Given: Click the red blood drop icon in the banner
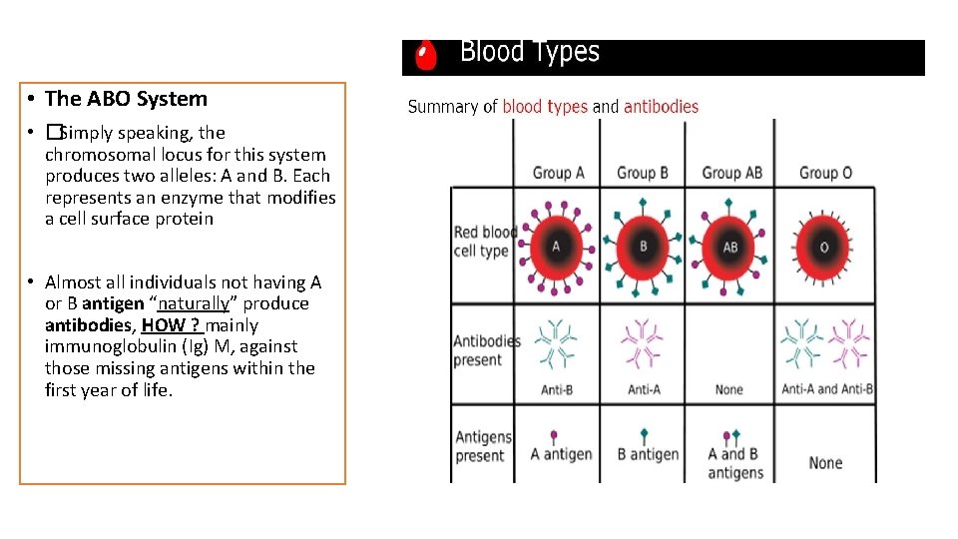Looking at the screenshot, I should (426, 56).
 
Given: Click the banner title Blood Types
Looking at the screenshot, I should (529, 52).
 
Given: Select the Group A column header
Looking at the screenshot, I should (559, 173).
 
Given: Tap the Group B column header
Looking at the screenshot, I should (644, 173).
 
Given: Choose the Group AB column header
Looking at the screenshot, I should (731, 173).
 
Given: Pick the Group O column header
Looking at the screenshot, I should (825, 173).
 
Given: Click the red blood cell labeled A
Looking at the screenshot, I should (557, 247).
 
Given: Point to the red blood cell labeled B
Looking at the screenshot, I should (644, 247).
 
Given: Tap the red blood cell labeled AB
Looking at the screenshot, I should (730, 247).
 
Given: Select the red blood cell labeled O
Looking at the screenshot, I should (824, 247).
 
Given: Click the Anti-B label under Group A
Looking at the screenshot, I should (557, 389).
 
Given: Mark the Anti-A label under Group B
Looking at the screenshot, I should (644, 389).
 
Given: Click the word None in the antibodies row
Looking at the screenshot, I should (729, 389).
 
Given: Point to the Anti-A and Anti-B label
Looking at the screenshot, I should (827, 389).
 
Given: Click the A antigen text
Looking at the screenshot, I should (561, 454).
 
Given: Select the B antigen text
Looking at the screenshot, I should (648, 454).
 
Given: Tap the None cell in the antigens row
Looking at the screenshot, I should (825, 463).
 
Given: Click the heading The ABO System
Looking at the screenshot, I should (126, 99).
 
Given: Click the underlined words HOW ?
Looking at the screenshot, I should (172, 325).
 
